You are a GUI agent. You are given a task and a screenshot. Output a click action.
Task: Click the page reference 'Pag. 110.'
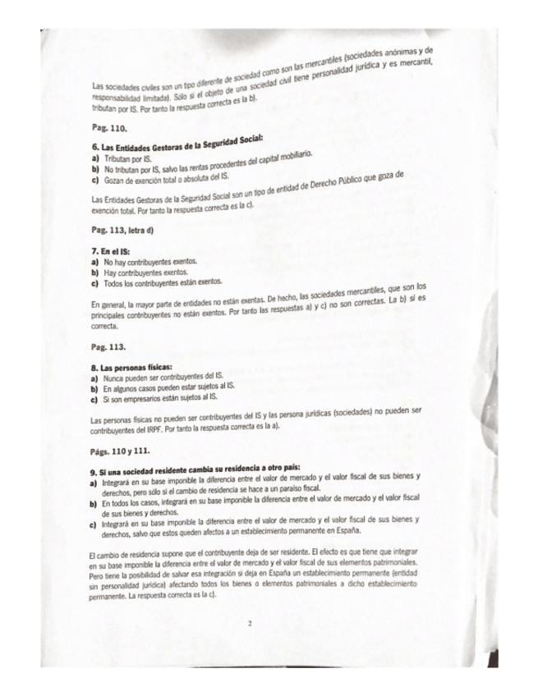point(109,129)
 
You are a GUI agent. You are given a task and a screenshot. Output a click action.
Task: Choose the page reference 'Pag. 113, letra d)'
point(126,231)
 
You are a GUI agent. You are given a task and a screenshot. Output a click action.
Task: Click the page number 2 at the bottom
point(248,624)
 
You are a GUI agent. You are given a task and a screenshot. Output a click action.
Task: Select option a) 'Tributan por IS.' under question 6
point(126,157)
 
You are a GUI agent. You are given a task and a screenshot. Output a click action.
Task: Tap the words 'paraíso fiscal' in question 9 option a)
point(308,488)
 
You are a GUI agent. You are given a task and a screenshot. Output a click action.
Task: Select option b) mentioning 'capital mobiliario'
point(201,166)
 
